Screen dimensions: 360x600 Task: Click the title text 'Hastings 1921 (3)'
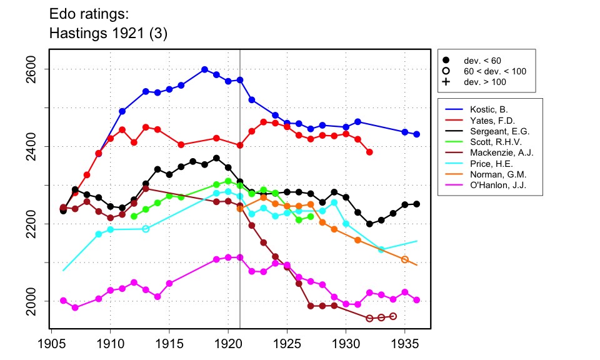108,32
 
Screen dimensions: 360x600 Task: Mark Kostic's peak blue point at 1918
204,69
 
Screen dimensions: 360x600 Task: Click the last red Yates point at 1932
369,152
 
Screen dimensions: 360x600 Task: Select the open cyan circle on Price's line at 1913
146,229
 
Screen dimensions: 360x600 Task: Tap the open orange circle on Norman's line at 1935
404,259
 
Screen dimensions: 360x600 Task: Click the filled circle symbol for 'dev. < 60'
446,61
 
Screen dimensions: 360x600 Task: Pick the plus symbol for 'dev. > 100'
446,82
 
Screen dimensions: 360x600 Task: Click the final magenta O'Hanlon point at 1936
416,300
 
